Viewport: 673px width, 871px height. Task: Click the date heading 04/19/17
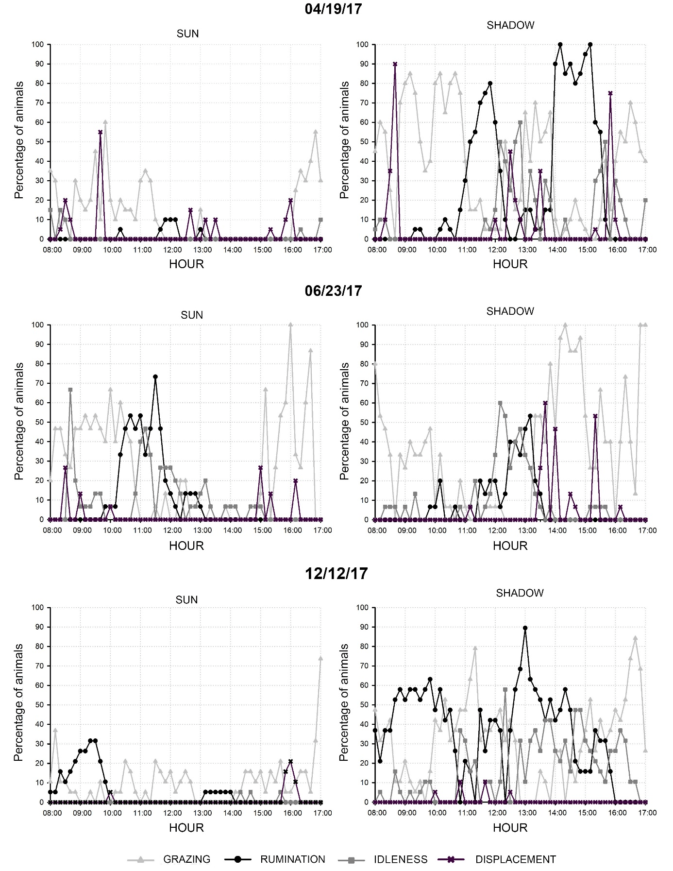[334, 9]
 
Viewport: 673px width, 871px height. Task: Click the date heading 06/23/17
[334, 290]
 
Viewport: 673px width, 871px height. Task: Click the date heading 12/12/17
[336, 573]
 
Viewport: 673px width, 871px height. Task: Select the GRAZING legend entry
[186, 859]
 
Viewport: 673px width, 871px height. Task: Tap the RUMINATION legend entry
[292, 859]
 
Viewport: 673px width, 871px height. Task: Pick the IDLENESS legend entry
[400, 859]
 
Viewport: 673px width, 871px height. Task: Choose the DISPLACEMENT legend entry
[515, 859]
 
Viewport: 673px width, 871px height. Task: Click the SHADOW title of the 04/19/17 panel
[510, 25]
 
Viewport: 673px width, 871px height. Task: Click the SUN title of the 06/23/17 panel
[191, 315]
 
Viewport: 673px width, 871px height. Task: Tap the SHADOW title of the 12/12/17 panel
[520, 593]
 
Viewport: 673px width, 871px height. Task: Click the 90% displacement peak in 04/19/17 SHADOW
[395, 64]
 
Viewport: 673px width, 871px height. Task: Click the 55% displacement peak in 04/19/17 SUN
[100, 132]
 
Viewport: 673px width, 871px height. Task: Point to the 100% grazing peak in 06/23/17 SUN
[290, 324]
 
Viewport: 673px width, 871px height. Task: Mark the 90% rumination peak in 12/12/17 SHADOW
[525, 628]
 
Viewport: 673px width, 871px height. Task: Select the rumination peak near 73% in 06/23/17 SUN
[155, 376]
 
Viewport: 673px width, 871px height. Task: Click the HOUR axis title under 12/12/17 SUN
[186, 828]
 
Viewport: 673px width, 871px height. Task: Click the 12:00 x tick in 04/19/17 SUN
[172, 250]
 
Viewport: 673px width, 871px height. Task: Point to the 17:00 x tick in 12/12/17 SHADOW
[647, 813]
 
